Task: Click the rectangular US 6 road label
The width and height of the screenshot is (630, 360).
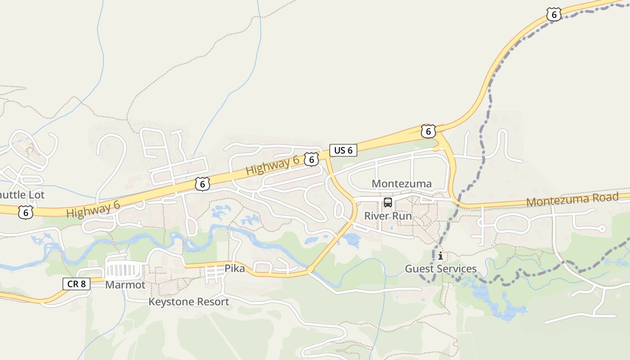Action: tap(343, 150)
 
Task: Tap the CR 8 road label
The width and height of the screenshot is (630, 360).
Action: tap(76, 283)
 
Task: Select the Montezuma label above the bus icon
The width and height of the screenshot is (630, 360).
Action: tap(401, 184)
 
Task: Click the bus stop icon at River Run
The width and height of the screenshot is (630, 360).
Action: tap(388, 202)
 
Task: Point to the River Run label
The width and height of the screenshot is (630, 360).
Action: tap(387, 216)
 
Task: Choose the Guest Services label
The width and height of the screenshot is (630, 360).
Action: tap(441, 269)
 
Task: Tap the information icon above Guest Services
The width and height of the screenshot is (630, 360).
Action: tap(440, 256)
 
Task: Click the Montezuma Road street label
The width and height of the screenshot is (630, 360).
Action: tap(572, 200)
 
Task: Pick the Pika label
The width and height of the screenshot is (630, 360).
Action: tap(235, 269)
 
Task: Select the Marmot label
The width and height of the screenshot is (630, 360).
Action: tap(125, 285)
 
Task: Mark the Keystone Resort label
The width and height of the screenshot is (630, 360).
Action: tap(189, 301)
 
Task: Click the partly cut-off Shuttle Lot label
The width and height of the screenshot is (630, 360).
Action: tap(22, 195)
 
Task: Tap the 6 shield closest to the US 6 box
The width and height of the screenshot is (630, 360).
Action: tap(311, 159)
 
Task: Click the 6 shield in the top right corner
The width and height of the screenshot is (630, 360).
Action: tap(554, 14)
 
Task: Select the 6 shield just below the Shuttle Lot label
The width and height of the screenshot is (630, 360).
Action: tap(26, 212)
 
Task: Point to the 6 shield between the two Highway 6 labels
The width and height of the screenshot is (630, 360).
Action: tap(203, 184)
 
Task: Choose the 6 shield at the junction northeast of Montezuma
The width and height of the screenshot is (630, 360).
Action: tap(428, 131)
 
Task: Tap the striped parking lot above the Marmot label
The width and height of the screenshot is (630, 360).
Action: tap(123, 270)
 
